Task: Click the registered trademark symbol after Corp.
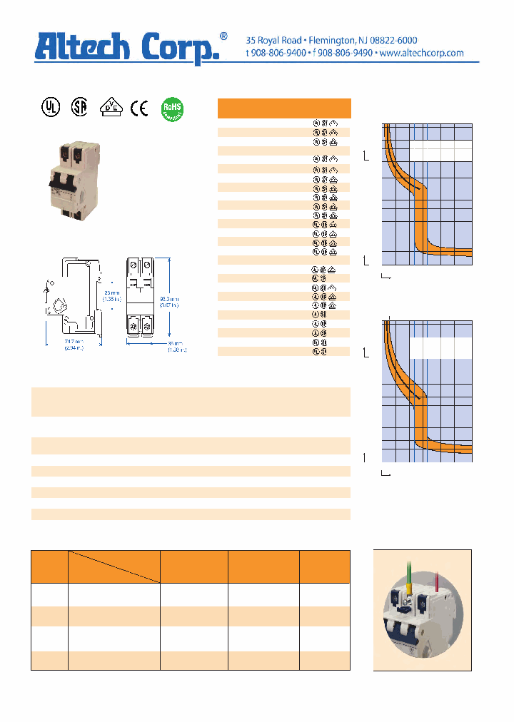223,36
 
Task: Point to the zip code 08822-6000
391,40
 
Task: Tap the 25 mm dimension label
110,293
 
